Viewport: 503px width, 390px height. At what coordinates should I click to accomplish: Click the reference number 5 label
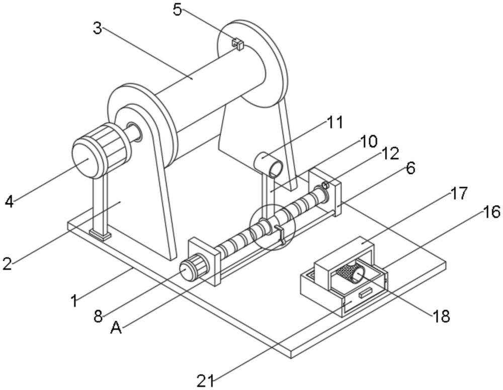(x=178, y=10)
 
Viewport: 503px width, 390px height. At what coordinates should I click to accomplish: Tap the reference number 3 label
(x=98, y=29)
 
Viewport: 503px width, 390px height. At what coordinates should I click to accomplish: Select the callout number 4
(x=10, y=202)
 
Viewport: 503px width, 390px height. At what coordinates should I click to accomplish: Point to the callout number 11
(x=334, y=122)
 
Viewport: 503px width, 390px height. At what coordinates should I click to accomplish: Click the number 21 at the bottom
(x=205, y=381)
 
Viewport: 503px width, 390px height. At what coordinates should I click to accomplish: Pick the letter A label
(x=116, y=328)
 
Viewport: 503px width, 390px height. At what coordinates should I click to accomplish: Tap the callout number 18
(x=442, y=317)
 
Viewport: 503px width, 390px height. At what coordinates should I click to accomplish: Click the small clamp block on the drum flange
(x=237, y=44)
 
